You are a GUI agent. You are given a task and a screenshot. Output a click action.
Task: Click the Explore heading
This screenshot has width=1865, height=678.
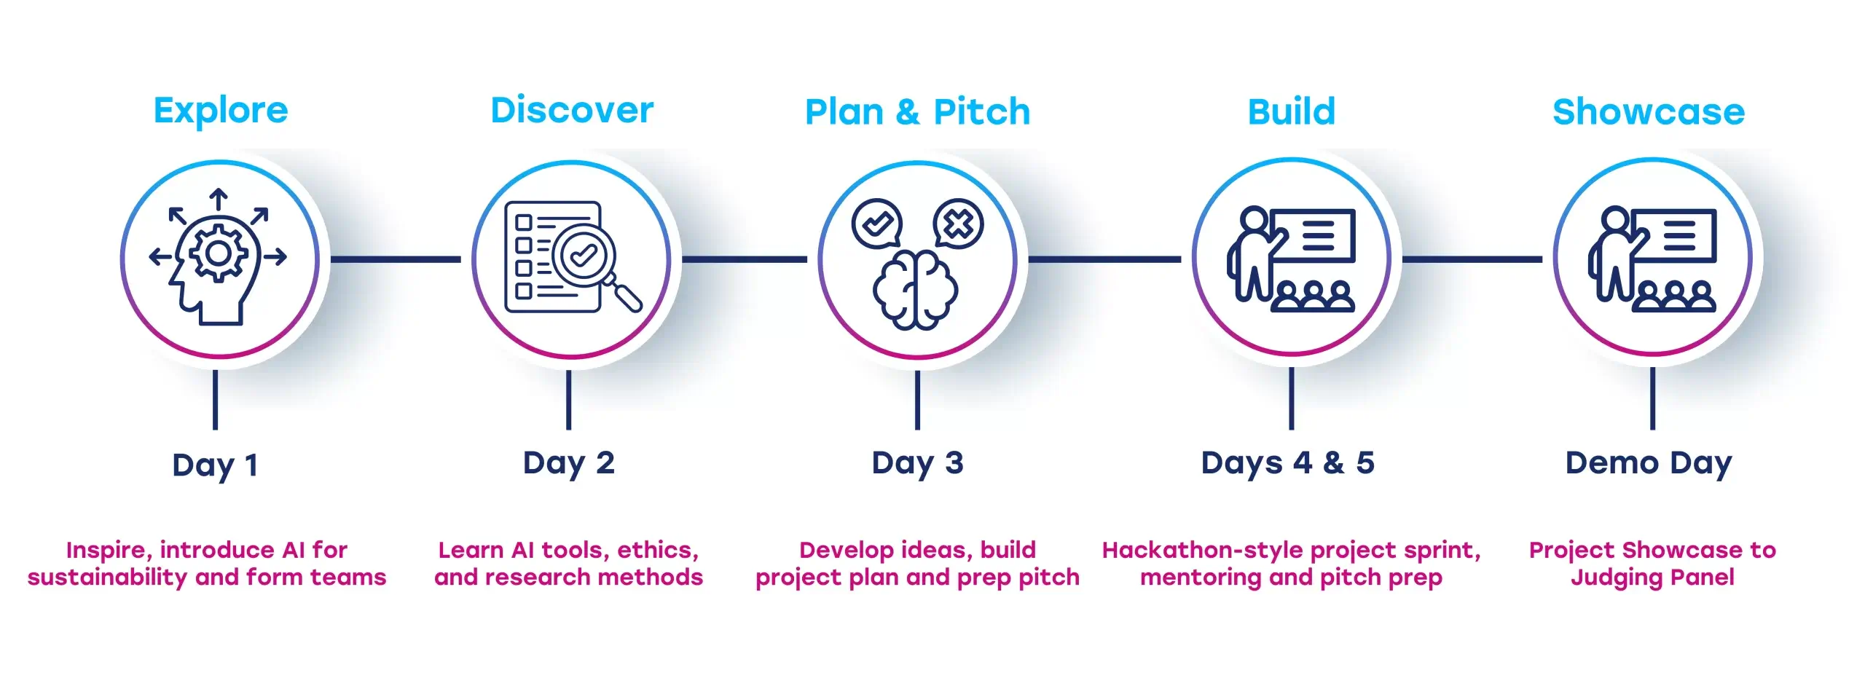click(221, 111)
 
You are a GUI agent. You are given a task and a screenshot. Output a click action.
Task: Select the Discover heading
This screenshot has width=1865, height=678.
click(572, 111)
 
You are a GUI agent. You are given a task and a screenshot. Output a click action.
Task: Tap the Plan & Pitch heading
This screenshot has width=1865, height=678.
click(917, 112)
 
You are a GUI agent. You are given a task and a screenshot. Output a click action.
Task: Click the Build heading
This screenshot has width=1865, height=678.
click(1291, 112)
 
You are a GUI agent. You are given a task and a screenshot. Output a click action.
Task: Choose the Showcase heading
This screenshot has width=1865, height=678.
click(1649, 112)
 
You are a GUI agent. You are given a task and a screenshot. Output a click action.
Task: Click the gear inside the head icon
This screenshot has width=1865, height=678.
click(218, 253)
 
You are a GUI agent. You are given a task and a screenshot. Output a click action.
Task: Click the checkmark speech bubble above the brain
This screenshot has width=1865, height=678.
click(877, 224)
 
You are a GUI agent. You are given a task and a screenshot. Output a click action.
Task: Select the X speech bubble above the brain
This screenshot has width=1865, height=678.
click(958, 224)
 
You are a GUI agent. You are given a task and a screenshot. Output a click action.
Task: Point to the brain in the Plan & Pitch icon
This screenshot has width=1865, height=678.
click(916, 291)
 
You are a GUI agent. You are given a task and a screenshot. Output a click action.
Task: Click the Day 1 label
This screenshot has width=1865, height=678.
click(215, 465)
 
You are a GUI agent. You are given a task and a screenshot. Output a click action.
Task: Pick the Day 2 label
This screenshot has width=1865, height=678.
click(568, 463)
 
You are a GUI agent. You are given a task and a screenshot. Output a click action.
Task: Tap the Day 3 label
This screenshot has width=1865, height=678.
click(917, 463)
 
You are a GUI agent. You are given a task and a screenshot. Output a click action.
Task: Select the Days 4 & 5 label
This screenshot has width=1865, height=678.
click(1287, 463)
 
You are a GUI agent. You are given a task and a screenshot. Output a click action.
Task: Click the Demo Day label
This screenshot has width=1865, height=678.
click(1649, 463)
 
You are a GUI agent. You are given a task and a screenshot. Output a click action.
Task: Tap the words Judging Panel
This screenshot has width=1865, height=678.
click(1652, 578)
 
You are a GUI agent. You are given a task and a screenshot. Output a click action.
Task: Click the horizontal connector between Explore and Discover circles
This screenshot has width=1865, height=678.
click(396, 259)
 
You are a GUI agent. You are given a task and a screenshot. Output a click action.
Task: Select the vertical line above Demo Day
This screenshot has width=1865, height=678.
click(1652, 398)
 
